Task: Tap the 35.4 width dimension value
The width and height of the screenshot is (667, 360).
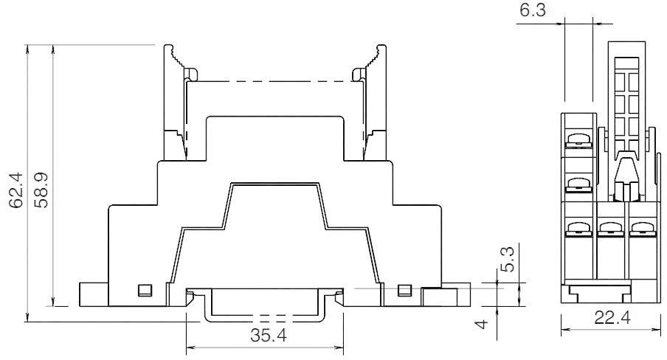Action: [x=265, y=336]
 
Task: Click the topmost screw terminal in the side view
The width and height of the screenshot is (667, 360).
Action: [x=578, y=137]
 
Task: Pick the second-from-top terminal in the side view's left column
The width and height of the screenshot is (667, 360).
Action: [x=578, y=180]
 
